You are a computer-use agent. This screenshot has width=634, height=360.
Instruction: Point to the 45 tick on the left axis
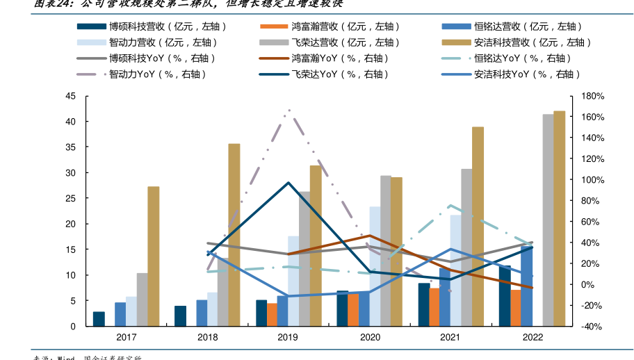tap(70, 96)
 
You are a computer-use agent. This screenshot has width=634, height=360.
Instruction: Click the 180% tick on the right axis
tap(583, 96)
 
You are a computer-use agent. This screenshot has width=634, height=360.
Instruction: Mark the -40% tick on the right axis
tap(583, 327)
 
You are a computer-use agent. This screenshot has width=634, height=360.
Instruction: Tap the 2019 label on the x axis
tap(288, 337)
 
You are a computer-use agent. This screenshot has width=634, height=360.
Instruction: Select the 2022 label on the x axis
tap(532, 337)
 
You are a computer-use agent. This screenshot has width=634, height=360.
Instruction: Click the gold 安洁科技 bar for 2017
tap(154, 256)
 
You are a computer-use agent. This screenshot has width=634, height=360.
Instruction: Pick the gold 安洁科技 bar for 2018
tap(234, 235)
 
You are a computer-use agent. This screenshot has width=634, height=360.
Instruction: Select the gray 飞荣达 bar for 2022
tap(548, 220)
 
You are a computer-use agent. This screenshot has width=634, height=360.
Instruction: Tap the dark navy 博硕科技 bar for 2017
tap(99, 319)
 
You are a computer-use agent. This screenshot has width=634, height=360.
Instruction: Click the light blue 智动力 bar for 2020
tap(375, 266)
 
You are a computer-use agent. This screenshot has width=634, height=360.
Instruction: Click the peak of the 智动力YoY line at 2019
tap(288, 110)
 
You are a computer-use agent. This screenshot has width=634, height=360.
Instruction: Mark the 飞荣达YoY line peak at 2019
tap(288, 182)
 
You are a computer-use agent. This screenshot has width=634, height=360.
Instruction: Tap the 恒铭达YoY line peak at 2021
tap(450, 205)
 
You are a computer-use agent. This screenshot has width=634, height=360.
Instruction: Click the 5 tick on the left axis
tap(72, 301)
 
